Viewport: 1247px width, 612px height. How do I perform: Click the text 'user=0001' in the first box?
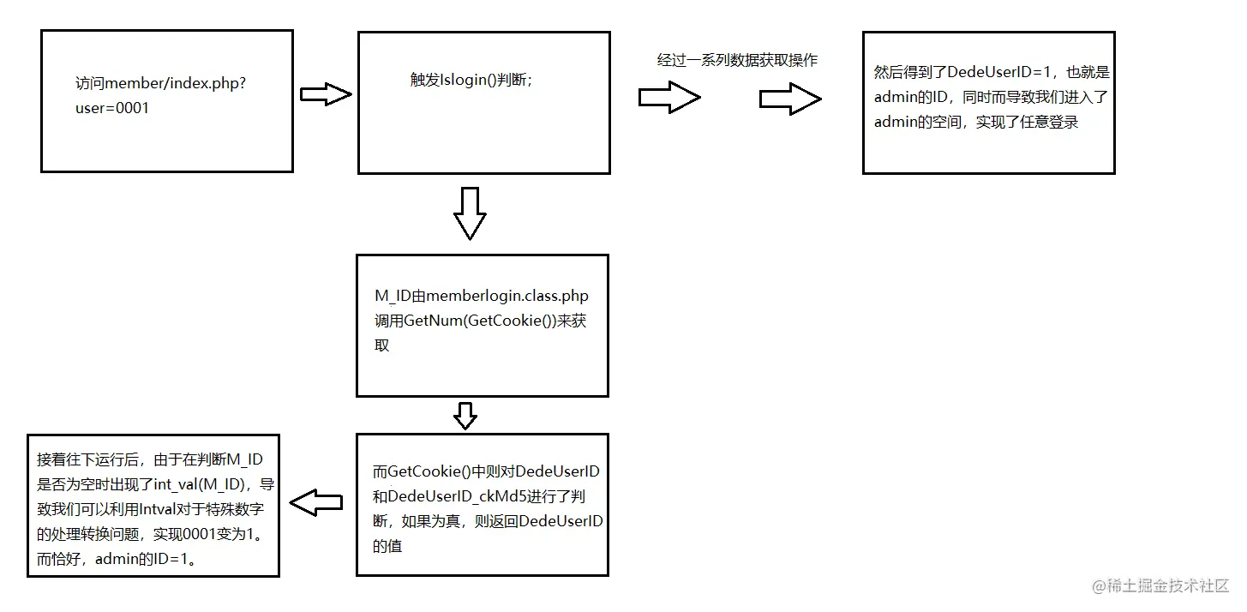112,109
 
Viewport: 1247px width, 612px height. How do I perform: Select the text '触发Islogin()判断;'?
471,80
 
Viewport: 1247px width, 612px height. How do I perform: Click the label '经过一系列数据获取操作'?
737,60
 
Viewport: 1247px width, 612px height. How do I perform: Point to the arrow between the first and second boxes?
326,94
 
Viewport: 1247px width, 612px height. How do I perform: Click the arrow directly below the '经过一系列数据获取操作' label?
669,98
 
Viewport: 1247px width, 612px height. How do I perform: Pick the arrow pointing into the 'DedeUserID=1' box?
790,99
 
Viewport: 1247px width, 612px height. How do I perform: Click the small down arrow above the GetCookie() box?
465,415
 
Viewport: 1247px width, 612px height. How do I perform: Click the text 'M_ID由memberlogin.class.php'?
482,297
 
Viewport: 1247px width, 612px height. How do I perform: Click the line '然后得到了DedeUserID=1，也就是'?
992,73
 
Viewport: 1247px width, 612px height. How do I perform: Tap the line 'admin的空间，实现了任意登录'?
976,122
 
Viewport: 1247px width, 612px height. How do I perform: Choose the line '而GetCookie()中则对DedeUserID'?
485,471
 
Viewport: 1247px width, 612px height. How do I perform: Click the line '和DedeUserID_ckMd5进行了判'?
479,496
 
